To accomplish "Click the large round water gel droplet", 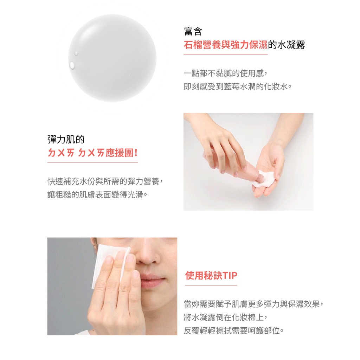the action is coord(112,58).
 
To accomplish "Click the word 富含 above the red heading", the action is coord(193,31).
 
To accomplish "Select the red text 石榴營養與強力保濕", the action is coord(226,45).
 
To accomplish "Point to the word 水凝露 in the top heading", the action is coord(291,45).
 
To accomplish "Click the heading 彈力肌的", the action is coord(66,139).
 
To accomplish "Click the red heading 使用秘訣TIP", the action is coord(211,275).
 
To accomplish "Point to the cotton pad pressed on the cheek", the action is coord(108,264).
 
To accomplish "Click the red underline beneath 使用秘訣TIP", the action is coord(211,285).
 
